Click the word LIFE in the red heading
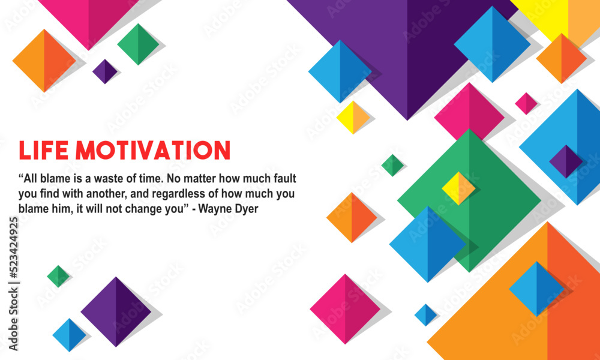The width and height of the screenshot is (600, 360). (44, 151)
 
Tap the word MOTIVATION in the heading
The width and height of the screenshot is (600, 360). (152, 151)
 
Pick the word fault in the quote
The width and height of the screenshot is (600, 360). (286, 179)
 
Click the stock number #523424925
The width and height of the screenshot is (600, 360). (14, 245)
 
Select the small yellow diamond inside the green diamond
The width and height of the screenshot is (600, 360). (458, 188)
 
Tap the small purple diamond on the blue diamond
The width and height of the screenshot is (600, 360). (566, 161)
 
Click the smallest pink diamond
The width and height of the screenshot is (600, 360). (526, 103)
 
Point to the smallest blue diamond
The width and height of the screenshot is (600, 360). (425, 315)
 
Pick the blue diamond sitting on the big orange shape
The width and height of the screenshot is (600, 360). (536, 289)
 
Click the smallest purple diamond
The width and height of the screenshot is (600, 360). (105, 71)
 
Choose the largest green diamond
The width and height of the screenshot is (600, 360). (469, 200)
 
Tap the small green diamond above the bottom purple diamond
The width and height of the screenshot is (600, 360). (58, 276)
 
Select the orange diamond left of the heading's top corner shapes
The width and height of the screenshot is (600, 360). (44, 61)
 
